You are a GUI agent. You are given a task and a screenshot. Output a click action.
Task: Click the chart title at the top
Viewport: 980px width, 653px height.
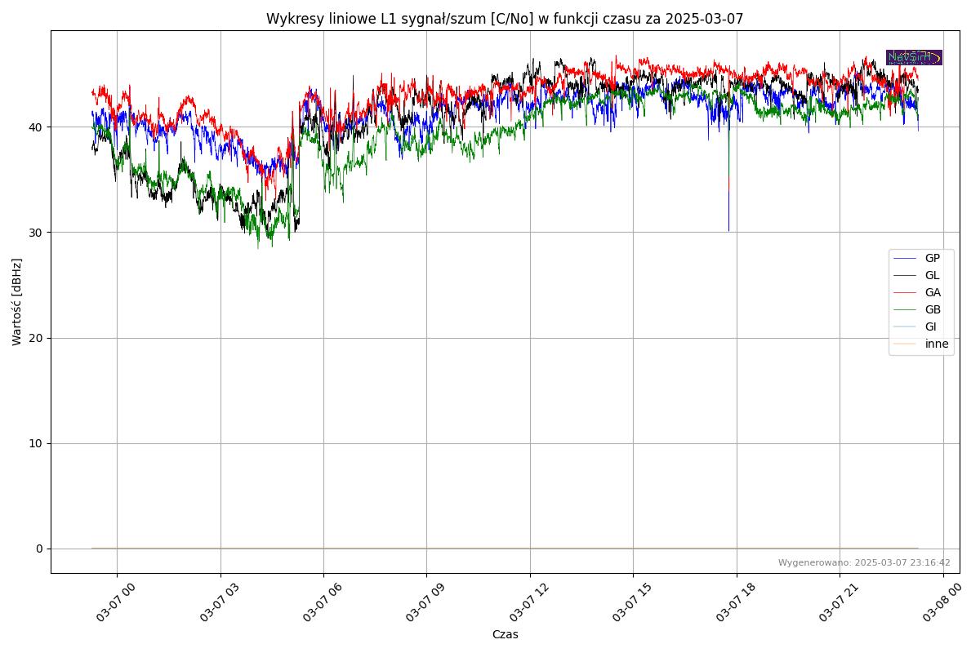point(505,19)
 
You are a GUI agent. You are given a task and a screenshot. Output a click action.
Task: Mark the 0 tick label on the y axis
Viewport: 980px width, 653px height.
point(38,549)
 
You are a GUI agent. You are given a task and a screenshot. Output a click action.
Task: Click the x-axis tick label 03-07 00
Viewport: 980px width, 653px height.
point(114,604)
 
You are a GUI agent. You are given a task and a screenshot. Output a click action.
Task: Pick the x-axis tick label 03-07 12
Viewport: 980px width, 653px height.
point(527,604)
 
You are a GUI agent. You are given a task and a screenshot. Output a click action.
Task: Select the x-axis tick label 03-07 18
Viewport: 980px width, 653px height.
point(733,604)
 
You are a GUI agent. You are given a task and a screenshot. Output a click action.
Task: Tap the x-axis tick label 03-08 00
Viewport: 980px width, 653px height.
point(940,604)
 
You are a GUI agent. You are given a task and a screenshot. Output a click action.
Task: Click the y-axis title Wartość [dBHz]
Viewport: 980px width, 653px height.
point(17,302)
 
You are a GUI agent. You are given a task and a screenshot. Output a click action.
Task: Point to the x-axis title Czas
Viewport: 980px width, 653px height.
point(505,634)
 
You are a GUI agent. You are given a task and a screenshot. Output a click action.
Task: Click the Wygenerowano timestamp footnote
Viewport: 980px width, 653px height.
point(864,562)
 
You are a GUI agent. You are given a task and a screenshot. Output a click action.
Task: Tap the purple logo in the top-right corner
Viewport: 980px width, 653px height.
point(914,57)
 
